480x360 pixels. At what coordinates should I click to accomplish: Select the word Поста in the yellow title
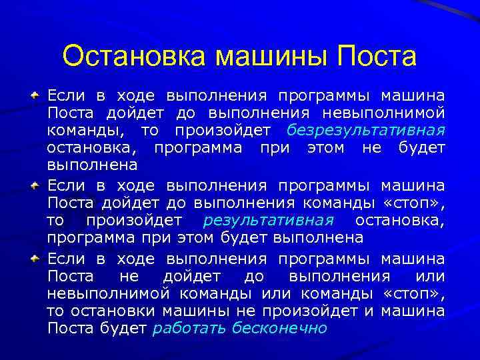click(377, 56)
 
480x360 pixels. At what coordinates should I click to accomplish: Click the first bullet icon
click(37, 95)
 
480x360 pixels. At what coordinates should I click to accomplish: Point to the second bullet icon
click(37, 185)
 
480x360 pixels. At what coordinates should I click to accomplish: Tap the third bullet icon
click(37, 257)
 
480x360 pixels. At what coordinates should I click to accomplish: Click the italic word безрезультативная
click(366, 129)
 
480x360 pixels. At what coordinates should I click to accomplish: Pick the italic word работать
click(189, 327)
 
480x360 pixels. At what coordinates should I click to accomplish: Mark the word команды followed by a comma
click(74, 129)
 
